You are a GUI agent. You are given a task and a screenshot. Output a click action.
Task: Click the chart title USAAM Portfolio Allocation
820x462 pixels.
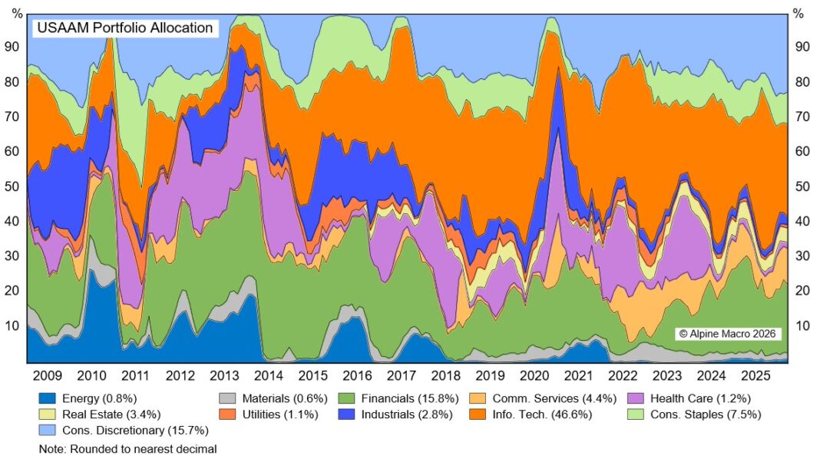pyautogui.click(x=124, y=28)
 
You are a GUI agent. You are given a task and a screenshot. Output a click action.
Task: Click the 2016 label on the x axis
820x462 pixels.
pyautogui.click(x=357, y=376)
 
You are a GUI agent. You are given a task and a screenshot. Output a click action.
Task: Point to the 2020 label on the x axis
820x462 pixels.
pyautogui.click(x=533, y=376)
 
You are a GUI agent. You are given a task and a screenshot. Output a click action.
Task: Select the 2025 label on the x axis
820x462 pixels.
pyautogui.click(x=755, y=376)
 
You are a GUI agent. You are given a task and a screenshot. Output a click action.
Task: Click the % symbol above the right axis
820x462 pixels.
pyautogui.click(x=799, y=13)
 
